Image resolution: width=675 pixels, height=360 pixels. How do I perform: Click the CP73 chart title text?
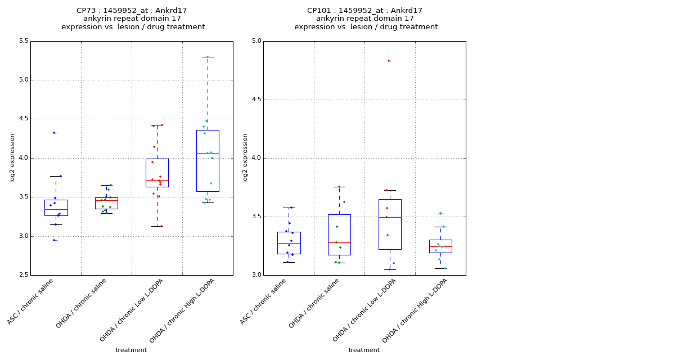tap(133, 19)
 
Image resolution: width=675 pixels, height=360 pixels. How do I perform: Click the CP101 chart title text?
tap(366, 19)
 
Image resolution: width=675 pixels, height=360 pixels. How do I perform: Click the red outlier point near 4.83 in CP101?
tap(388, 61)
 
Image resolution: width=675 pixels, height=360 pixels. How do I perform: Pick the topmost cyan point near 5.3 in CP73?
tap(207, 57)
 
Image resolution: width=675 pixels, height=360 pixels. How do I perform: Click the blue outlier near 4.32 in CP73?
tap(54, 133)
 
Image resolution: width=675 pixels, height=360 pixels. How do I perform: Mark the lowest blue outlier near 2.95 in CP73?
tap(54, 240)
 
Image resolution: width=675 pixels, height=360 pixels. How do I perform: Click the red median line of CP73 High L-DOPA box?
tap(208, 153)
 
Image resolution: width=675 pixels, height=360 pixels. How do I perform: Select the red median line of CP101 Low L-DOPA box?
tap(390, 217)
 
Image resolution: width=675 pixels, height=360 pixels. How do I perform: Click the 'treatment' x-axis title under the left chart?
tap(131, 350)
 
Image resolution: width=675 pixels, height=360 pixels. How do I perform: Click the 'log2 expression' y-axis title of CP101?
tap(245, 157)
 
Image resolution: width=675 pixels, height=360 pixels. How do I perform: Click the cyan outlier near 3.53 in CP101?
tap(440, 213)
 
